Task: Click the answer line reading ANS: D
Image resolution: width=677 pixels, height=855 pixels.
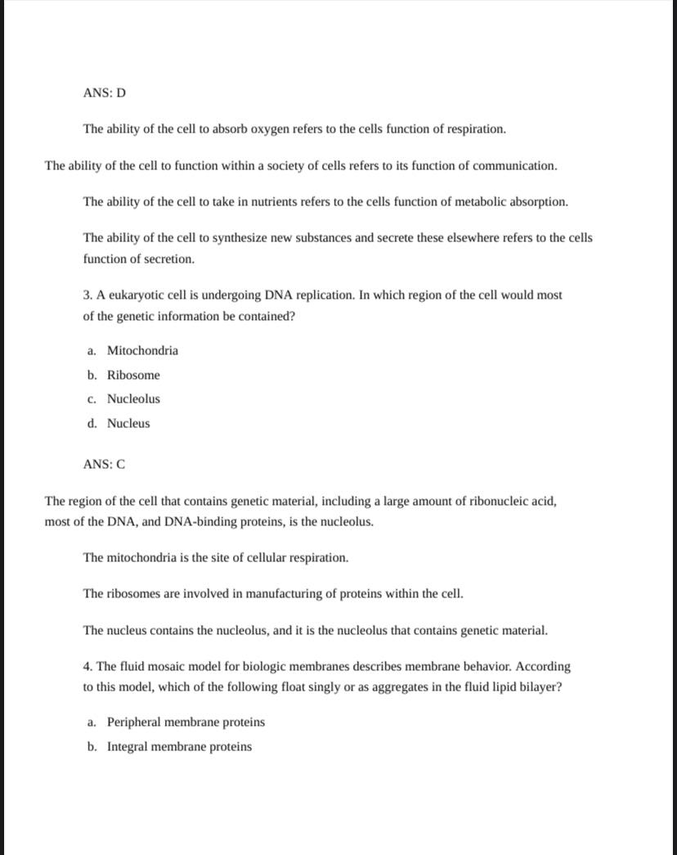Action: (105, 92)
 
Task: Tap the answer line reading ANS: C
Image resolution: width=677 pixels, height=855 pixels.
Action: (105, 464)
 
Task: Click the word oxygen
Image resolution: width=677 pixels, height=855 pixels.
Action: (275, 129)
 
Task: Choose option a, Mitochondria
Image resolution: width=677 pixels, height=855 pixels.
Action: (142, 351)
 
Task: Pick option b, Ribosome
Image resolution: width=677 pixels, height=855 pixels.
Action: (133, 376)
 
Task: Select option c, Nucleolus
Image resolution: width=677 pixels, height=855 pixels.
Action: (133, 399)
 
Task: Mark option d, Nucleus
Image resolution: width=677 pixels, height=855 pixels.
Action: (128, 424)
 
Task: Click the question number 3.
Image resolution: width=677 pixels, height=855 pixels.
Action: (87, 295)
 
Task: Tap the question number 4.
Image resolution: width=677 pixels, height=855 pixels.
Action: (87, 667)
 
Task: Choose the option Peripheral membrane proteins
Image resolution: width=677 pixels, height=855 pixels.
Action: (186, 722)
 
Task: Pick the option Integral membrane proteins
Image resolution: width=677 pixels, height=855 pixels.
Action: (179, 747)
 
